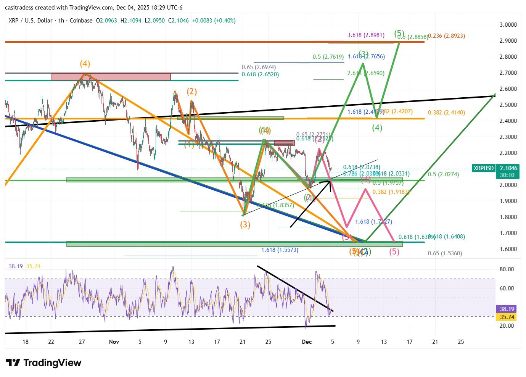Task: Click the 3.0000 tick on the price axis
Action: point(508,25)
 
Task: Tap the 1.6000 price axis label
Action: point(508,249)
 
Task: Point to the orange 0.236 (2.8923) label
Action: point(446,36)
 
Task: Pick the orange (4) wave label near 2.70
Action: point(85,64)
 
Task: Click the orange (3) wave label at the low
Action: point(245,225)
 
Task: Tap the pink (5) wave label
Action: point(394,252)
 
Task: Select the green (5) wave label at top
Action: point(399,33)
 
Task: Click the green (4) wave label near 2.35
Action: point(377,128)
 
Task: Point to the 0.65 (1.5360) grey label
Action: point(445,253)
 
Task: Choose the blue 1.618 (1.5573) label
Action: point(280,250)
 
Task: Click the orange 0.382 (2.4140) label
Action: point(446,113)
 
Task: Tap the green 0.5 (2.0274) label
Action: point(443,174)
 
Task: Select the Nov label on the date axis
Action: point(114,342)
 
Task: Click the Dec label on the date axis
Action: point(307,342)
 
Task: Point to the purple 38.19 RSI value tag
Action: point(507,309)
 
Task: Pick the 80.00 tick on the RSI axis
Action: point(507,269)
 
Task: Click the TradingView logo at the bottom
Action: point(43,362)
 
